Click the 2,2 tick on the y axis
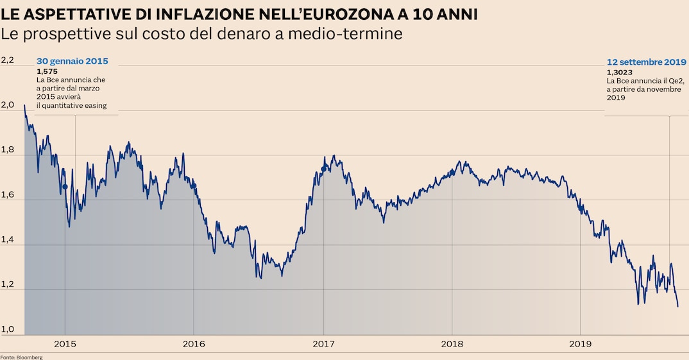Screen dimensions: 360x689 [7, 60]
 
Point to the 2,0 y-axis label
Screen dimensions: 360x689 [7, 105]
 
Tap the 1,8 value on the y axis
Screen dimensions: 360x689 [7, 150]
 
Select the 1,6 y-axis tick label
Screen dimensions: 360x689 [7, 194]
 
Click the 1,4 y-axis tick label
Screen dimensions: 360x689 [7, 239]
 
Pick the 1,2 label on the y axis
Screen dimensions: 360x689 [7, 284]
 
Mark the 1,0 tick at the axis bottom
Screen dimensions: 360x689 [7, 329]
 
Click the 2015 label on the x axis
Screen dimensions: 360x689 [65, 344]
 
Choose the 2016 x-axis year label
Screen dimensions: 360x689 [194, 344]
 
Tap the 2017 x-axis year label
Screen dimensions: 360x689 [323, 344]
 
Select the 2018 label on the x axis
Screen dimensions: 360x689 [452, 344]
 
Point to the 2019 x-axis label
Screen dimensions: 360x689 [580, 344]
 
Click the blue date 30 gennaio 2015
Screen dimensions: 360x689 [72, 62]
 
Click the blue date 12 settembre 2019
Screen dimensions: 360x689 [647, 63]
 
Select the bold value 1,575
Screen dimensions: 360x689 [47, 71]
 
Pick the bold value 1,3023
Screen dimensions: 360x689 [620, 73]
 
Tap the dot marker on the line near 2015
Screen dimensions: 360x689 [65, 187]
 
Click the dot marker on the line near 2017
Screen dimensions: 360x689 [323, 169]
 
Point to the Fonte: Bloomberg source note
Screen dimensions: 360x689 [21, 357]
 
